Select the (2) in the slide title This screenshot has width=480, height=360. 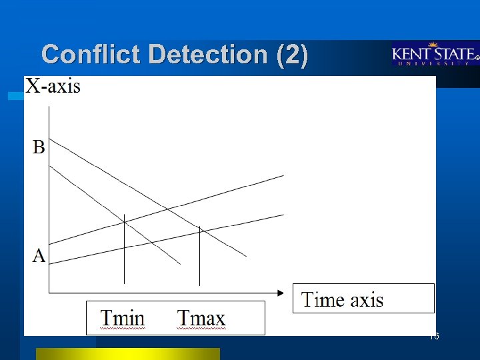(292, 55)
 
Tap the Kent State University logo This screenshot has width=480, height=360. (435, 55)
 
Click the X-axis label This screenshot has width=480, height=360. (53, 86)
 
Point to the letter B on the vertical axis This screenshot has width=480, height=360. (39, 147)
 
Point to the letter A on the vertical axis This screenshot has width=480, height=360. (39, 255)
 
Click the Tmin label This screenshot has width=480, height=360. (123, 318)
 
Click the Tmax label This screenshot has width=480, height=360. (201, 318)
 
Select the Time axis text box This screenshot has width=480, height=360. (363, 299)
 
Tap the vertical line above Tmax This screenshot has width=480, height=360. (200, 257)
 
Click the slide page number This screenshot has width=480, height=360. (434, 337)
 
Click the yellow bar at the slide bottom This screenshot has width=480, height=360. (127, 353)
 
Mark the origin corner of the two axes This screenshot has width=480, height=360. (48, 292)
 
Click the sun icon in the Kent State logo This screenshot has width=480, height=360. (433, 45)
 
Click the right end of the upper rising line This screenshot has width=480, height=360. (283, 176)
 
